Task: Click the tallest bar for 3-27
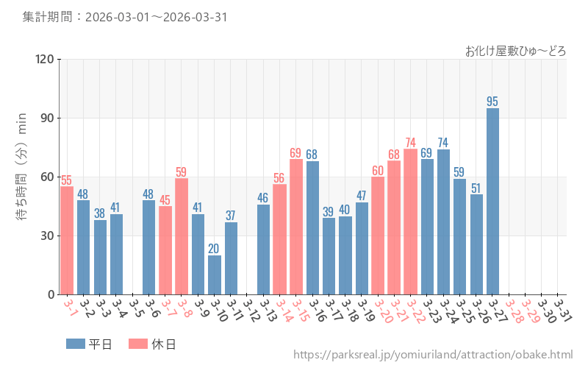coord(492,201)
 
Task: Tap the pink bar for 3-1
coord(67,240)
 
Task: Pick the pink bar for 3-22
coord(410,222)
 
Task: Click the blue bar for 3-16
coord(312,227)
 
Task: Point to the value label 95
coord(492,102)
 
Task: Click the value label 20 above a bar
coord(215,249)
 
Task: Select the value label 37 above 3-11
coord(231,216)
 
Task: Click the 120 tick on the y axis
coord(45,59)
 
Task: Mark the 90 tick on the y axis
coord(48,118)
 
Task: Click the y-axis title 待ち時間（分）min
coord(21,177)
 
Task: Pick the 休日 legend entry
coord(152,344)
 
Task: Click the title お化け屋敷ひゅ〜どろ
coord(515,51)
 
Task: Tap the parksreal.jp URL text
coord(433,355)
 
